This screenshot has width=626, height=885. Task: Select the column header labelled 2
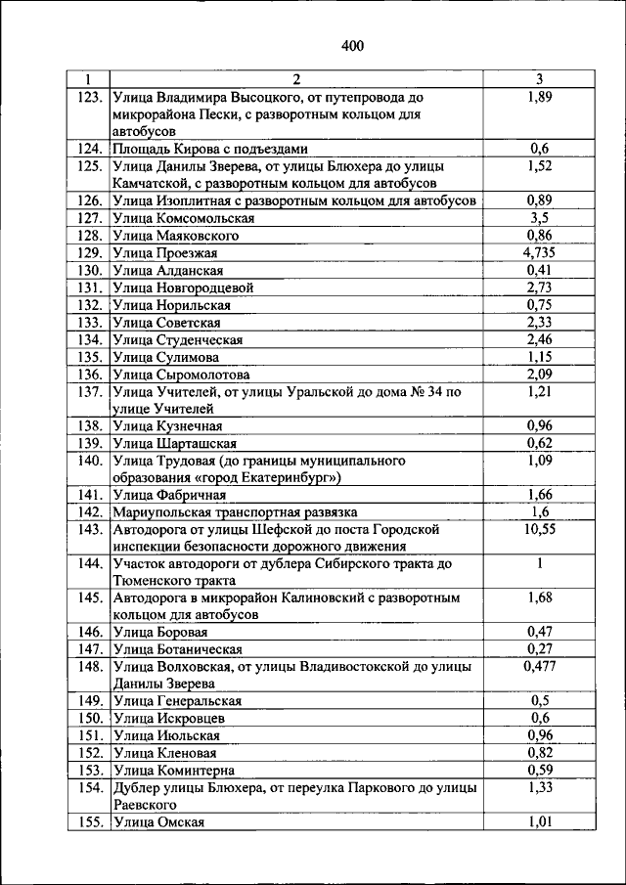pos(297,79)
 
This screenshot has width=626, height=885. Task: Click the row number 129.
pos(90,252)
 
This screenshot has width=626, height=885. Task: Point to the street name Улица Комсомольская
pos(184,217)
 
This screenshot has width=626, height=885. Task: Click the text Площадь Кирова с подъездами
pos(210,149)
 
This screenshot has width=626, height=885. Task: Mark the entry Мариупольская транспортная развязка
pos(235,511)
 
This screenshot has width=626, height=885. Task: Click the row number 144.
pos(90,563)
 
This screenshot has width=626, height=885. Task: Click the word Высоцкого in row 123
pos(269,97)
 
